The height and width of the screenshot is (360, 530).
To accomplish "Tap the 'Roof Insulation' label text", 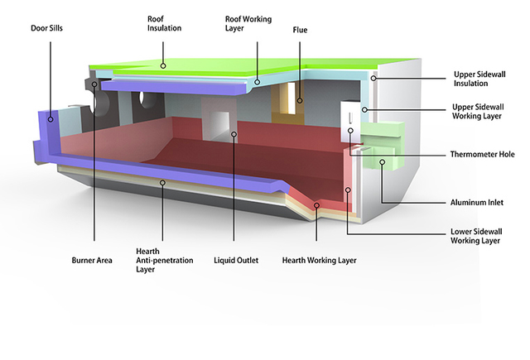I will coord(164,22).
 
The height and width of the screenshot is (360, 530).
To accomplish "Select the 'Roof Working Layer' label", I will coord(248,22).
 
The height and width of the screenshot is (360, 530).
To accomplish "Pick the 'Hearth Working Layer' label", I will coord(319,261).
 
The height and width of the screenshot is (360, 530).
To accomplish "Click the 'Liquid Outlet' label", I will coord(236,261).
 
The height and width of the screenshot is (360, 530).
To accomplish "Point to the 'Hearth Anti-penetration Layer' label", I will coord(164,261).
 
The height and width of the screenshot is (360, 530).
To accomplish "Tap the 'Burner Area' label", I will coord(92,261).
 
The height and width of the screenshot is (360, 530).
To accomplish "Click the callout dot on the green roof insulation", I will coord(164,65).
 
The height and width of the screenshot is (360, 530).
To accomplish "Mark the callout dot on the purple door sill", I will coord(51,119).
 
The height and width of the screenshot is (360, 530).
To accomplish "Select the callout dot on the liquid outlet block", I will coord(234,134).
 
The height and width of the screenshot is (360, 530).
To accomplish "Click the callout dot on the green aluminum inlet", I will coord(382,162).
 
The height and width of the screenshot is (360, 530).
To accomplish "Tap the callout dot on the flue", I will coord(301,102).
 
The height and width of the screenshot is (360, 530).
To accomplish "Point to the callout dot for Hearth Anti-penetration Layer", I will coord(163,183).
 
